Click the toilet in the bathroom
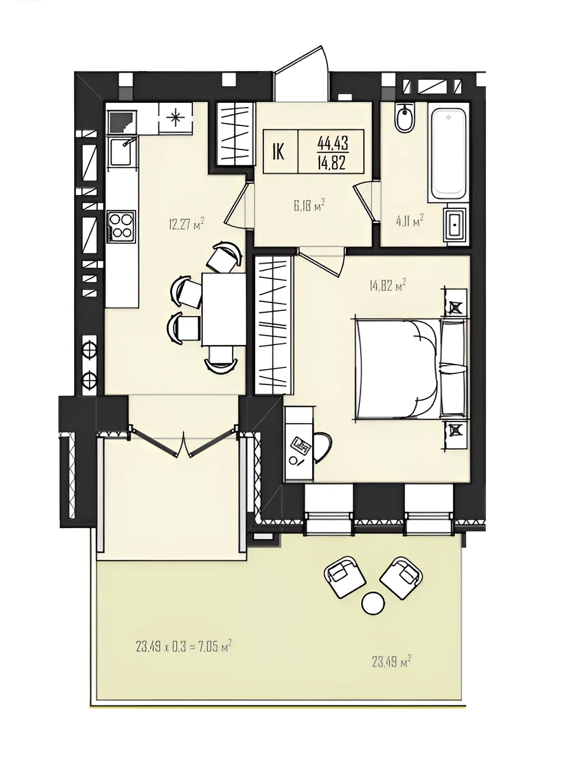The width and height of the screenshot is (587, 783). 405,118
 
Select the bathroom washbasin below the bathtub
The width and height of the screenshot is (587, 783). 455,224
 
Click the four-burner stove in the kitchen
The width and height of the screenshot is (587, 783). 121,226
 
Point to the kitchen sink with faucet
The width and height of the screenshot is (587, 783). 121,152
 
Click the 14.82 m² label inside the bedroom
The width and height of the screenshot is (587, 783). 388,286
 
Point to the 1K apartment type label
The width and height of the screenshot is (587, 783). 278,152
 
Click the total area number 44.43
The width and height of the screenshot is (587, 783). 333,144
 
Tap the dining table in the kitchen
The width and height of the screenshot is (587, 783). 224,309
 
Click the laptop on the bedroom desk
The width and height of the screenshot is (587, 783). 300,445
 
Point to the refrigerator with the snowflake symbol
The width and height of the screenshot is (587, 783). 176,118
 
